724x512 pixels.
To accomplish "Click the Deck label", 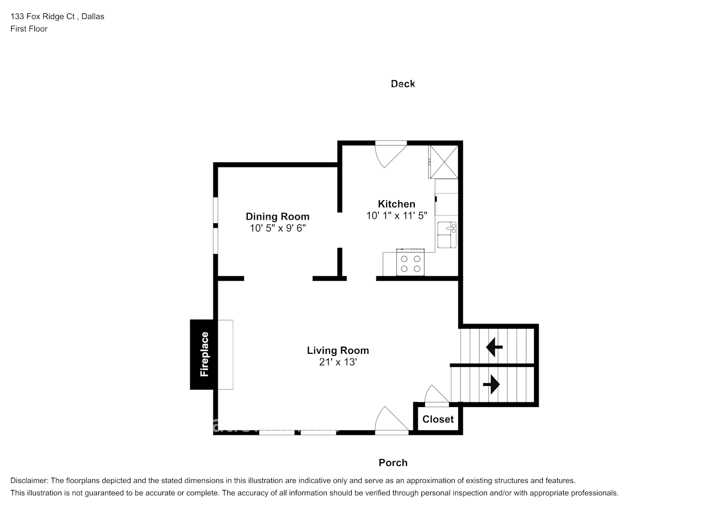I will click(x=402, y=84).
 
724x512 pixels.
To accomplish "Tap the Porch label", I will click(x=393, y=463).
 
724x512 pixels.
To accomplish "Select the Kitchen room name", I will click(x=396, y=204).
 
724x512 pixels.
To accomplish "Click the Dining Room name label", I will click(x=278, y=217).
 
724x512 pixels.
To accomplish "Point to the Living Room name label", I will click(x=337, y=351).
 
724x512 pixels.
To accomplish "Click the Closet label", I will click(x=438, y=419).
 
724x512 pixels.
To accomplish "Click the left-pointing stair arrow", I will click(x=494, y=347).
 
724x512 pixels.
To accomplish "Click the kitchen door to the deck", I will click(x=389, y=154).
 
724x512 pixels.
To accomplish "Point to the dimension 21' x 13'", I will click(x=337, y=362).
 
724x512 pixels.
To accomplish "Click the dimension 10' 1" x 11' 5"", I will click(x=396, y=216).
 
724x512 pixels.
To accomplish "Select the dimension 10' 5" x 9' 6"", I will click(x=278, y=228).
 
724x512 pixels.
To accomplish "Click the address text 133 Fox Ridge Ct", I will click(x=43, y=16).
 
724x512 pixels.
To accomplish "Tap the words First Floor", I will click(x=29, y=29).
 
